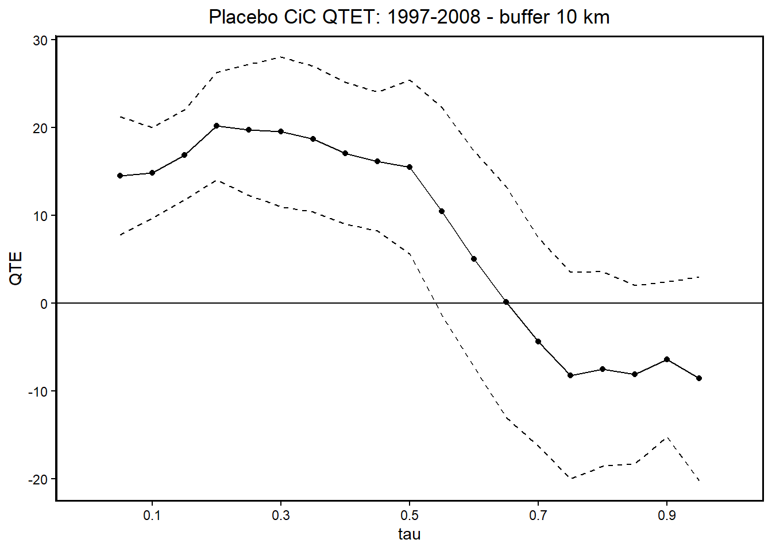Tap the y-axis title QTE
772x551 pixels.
[x=16, y=267]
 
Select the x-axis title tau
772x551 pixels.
[x=409, y=534]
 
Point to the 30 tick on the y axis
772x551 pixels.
[x=40, y=40]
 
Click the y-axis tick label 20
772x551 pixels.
[x=40, y=128]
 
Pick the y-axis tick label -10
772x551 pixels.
[x=38, y=391]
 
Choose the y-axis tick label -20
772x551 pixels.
[x=38, y=479]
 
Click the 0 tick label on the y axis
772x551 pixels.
[x=44, y=304]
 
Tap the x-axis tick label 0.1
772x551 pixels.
[x=152, y=515]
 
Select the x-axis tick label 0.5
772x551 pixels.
[x=409, y=515]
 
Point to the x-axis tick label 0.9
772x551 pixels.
[x=666, y=515]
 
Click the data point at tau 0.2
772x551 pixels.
[x=217, y=126]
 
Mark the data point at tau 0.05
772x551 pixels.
[x=120, y=176]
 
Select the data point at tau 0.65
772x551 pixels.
[x=506, y=302]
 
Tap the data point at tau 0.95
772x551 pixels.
[x=699, y=378]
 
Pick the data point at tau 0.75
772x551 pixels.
[x=570, y=375]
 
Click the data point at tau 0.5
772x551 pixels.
[x=410, y=167]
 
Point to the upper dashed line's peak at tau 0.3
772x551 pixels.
[x=281, y=57]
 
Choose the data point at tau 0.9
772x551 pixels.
[x=667, y=359]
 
